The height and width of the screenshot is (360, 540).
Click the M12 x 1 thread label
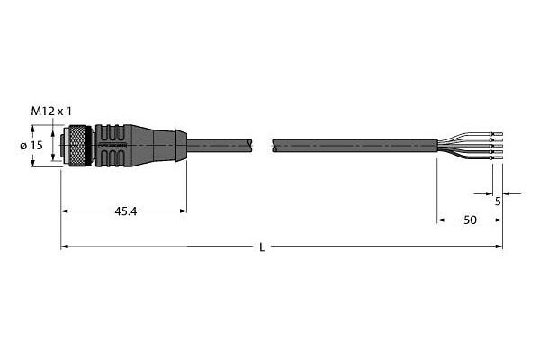click(x=52, y=112)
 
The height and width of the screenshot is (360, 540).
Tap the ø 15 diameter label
click(x=31, y=146)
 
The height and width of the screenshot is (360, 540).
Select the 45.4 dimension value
click(x=125, y=211)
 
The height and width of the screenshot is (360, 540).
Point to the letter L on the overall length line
click(x=262, y=247)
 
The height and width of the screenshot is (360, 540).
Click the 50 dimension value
click(x=470, y=220)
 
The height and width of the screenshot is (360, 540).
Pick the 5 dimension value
click(x=498, y=202)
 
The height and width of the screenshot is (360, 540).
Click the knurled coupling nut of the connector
click(x=77, y=146)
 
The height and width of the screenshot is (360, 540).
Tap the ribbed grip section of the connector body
click(x=111, y=146)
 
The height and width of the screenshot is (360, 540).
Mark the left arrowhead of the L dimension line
click(x=65, y=247)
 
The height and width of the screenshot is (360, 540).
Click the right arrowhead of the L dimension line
click(x=499, y=247)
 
